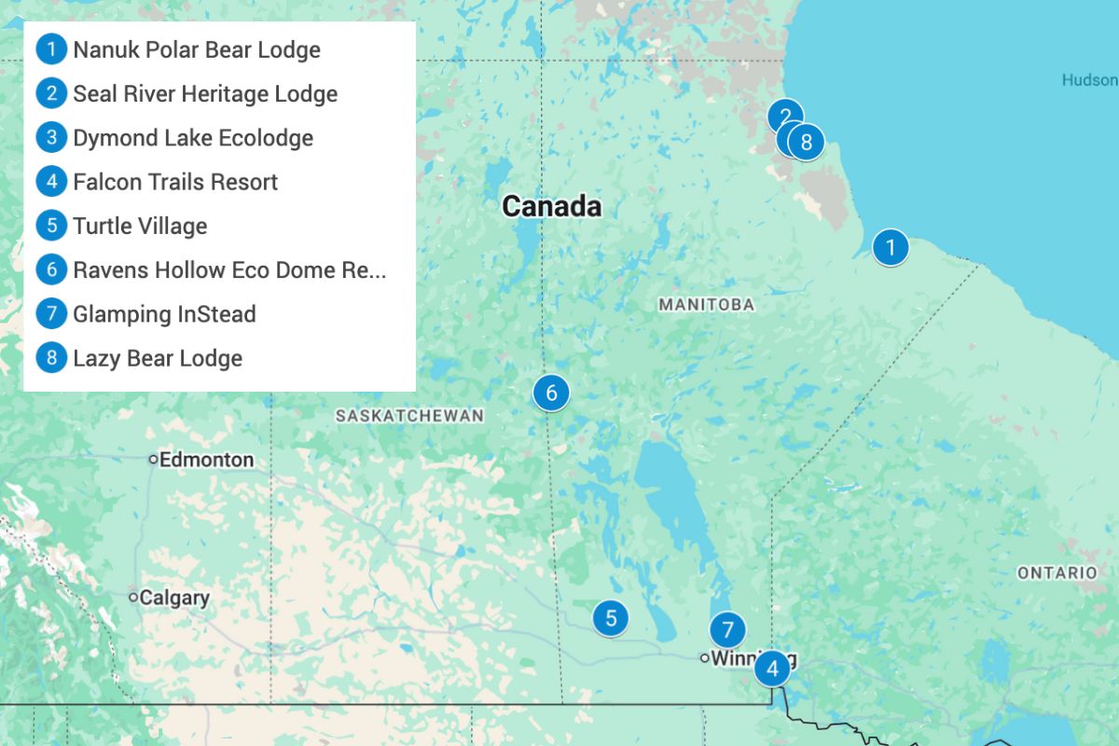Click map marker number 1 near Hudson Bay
click(x=891, y=247)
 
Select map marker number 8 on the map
click(x=808, y=142)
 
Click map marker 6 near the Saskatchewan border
click(x=551, y=393)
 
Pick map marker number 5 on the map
click(x=611, y=617)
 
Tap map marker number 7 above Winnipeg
click(x=727, y=629)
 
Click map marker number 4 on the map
click(x=772, y=668)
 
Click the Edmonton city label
click(x=206, y=460)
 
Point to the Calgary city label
click(x=174, y=598)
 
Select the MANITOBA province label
click(x=706, y=305)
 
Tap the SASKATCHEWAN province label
click(x=409, y=416)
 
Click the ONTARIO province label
click(x=1057, y=573)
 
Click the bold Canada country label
click(x=551, y=206)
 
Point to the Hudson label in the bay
click(x=1088, y=80)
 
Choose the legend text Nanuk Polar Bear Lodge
click(x=197, y=49)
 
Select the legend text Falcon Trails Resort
click(x=175, y=182)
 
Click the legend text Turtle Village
click(x=140, y=226)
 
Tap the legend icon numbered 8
click(x=51, y=358)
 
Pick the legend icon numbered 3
click(x=51, y=138)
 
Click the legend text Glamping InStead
click(x=164, y=314)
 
